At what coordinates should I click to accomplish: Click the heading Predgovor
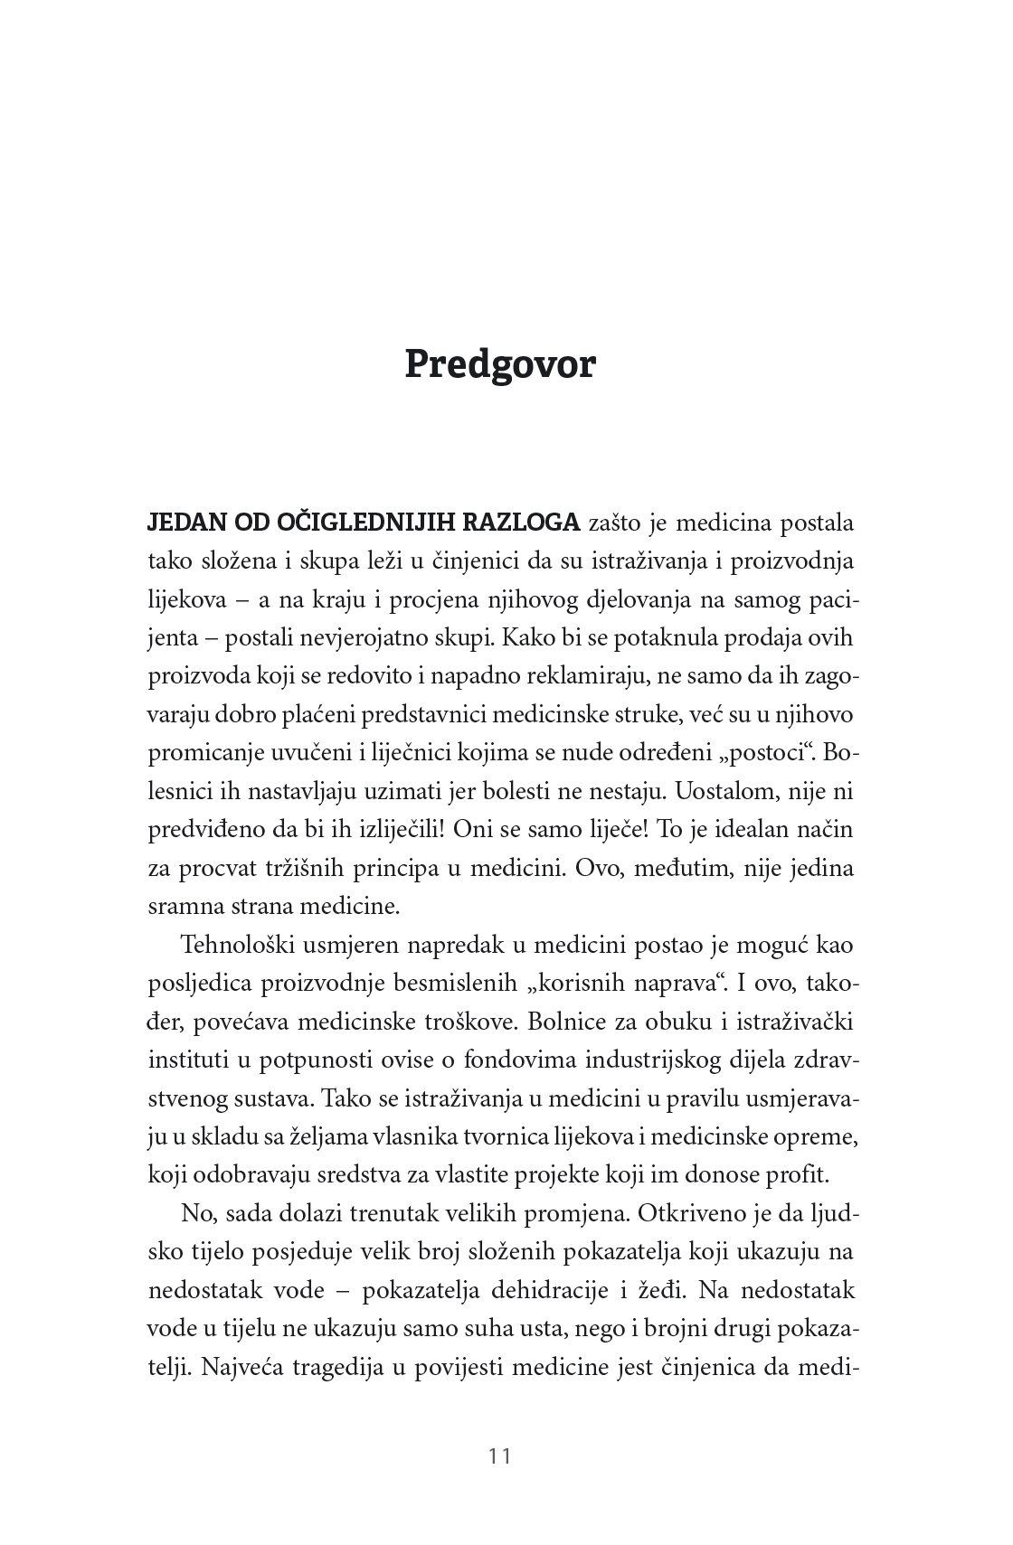[500, 364]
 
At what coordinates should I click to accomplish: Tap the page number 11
[500, 1456]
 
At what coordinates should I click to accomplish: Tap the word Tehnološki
[233, 946]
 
